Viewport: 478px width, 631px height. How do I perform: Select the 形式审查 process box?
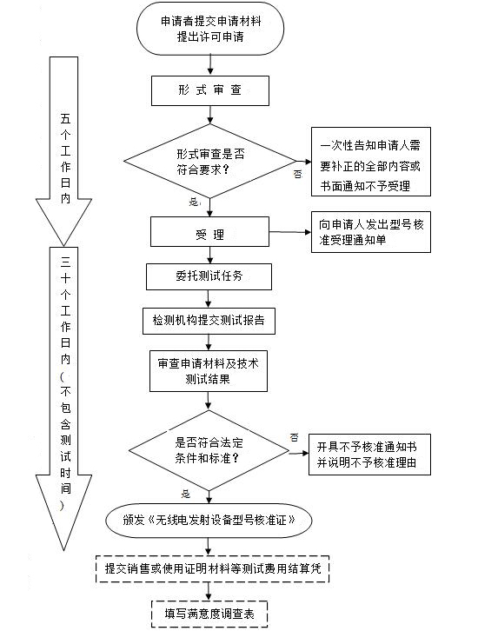[204, 90]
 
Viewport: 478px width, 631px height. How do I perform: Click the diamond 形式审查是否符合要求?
[209, 160]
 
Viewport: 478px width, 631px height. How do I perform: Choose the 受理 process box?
[205, 234]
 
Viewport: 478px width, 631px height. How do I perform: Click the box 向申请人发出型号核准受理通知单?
[369, 233]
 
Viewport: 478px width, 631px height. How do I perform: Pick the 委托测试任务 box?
[209, 276]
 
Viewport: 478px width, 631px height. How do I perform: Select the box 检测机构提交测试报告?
[209, 320]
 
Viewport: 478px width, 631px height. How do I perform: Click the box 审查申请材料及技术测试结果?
[209, 371]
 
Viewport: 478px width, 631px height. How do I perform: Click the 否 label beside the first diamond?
[297, 174]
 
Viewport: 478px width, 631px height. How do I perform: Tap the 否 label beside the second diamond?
[294, 436]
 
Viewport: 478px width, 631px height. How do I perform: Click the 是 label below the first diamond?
[193, 202]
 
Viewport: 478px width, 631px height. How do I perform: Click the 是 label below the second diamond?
[185, 493]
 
